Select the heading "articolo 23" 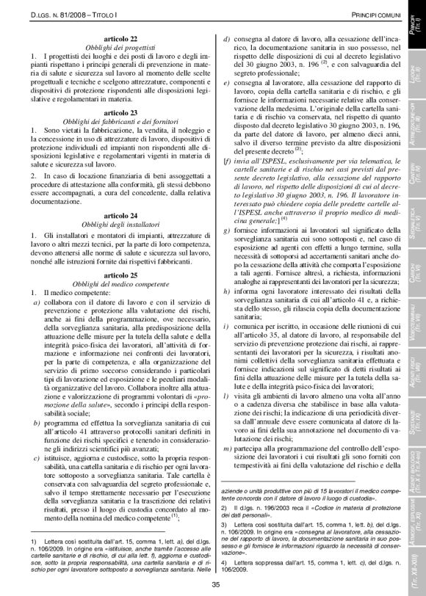(x=116, y=112)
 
